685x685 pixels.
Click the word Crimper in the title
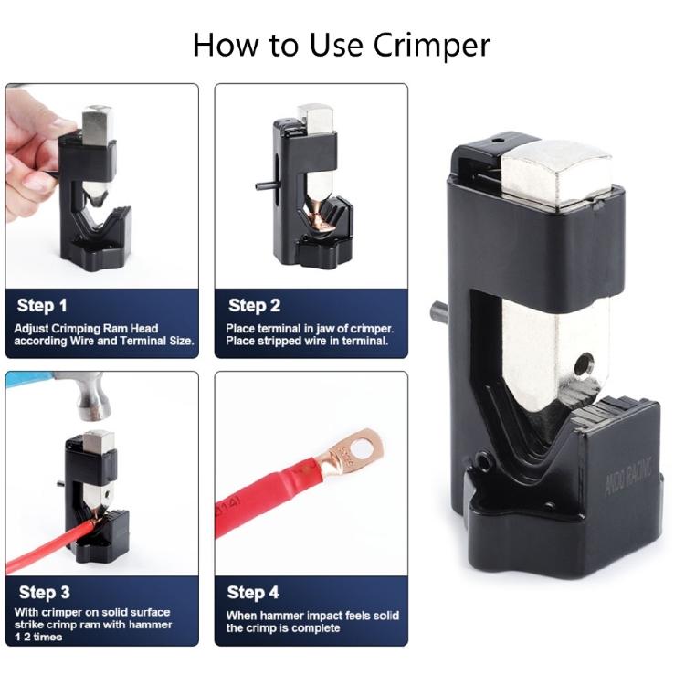430,45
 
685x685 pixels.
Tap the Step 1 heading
43,305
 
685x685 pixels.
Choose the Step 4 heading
253,593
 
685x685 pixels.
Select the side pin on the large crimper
439,312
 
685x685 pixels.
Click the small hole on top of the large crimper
497,142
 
